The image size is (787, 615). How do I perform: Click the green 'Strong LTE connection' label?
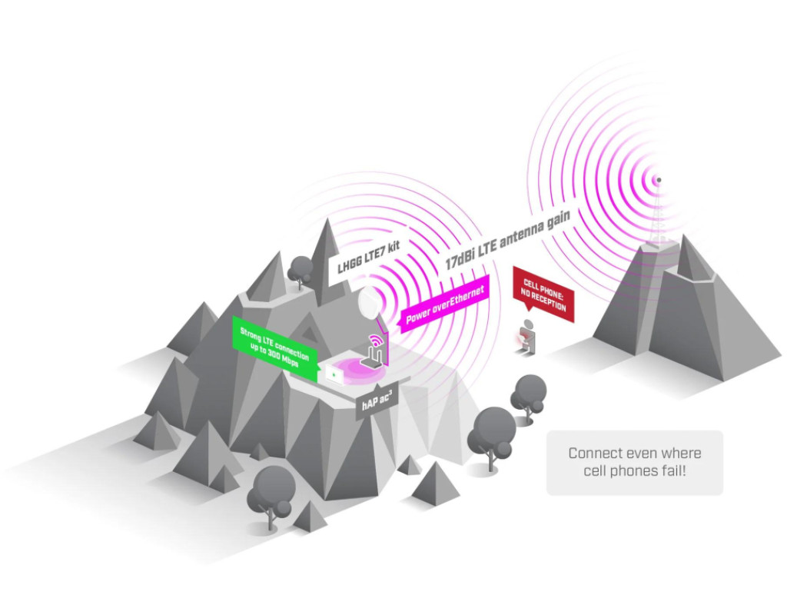(x=275, y=348)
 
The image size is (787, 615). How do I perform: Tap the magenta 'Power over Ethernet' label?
(x=444, y=304)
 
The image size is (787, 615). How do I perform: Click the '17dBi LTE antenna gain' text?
(x=508, y=240)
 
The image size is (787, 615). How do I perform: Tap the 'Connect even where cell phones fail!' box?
(x=634, y=462)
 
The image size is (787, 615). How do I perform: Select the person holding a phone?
(x=526, y=337)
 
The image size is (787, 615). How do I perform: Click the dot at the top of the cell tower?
(x=659, y=180)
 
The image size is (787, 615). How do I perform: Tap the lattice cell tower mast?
(x=656, y=216)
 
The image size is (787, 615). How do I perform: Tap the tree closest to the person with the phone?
(x=529, y=397)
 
